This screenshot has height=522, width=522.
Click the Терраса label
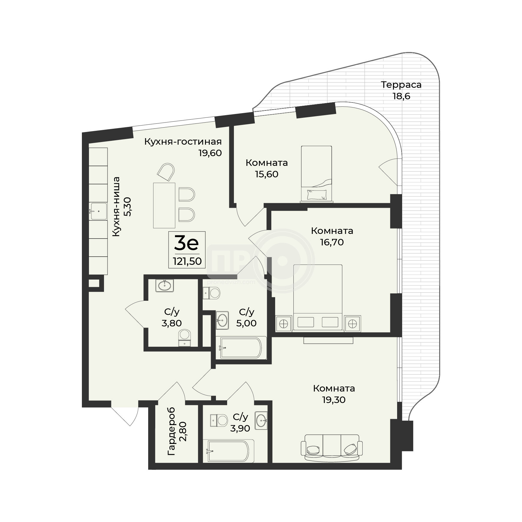(x=401, y=85)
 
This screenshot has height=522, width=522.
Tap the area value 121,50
(x=187, y=261)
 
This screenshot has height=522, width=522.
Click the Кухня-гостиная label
(x=183, y=142)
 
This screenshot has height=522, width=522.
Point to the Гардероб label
(x=171, y=432)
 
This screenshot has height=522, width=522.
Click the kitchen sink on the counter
(x=99, y=211)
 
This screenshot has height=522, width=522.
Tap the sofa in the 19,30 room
(x=332, y=448)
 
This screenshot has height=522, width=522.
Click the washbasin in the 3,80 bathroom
(x=164, y=285)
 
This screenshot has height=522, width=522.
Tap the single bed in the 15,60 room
(x=316, y=174)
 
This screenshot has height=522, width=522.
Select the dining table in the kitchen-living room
(x=164, y=205)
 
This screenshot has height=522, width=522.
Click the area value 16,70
(x=332, y=242)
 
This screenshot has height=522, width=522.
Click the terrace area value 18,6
(x=401, y=96)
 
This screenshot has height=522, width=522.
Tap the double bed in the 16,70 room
(x=318, y=298)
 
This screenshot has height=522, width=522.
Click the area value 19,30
(x=333, y=400)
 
